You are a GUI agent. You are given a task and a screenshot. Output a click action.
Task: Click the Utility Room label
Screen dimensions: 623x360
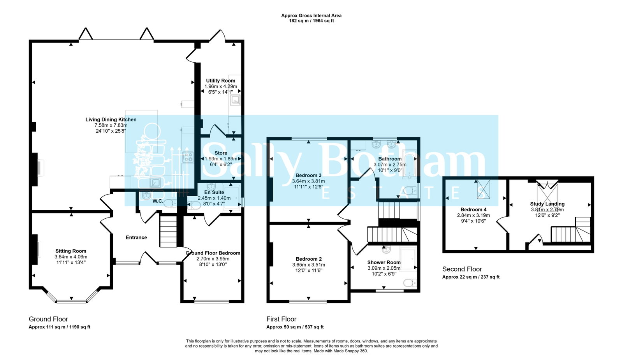point(220,81)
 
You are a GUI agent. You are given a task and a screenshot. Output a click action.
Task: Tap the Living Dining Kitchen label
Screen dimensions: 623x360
point(111,119)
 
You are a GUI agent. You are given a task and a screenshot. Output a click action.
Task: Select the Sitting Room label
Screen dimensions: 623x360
point(70,251)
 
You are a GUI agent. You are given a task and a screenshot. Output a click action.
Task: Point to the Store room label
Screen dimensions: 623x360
point(221,153)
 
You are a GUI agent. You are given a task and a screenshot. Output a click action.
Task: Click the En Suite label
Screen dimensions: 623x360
point(214,192)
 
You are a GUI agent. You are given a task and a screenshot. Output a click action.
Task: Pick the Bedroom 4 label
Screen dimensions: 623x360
point(473,210)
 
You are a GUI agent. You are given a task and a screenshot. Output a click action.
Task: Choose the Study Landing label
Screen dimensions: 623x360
point(547,204)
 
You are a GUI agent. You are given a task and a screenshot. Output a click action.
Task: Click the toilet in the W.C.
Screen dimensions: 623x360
point(170,203)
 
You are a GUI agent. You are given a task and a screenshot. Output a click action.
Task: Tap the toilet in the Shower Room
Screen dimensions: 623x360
point(410,283)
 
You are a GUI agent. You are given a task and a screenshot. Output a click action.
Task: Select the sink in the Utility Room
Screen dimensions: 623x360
point(235,100)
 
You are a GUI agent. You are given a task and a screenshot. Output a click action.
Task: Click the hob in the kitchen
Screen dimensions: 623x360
point(188,157)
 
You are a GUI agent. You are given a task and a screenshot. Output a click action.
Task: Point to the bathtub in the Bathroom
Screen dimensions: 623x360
point(409,164)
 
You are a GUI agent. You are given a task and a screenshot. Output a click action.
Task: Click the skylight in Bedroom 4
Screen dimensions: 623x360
point(483,189)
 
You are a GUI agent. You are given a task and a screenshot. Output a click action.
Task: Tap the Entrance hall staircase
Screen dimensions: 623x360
point(168,231)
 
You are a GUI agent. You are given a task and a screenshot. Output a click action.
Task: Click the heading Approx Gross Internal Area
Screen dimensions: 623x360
point(311,16)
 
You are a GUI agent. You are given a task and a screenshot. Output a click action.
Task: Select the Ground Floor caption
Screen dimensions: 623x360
point(48,319)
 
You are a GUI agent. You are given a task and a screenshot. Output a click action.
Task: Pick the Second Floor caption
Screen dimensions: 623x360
point(462,269)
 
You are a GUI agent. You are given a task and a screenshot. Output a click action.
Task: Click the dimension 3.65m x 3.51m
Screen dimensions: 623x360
point(308,265)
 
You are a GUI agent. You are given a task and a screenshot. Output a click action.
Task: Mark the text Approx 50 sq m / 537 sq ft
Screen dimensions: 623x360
point(295,327)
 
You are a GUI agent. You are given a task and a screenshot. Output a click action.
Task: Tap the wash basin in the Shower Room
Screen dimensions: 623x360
point(386,249)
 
